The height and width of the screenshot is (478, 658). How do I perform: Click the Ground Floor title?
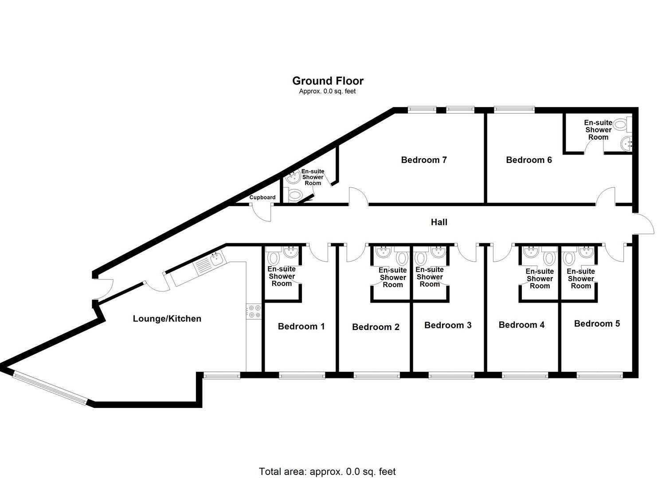coord(328,81)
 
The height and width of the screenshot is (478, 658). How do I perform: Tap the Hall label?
coord(439,222)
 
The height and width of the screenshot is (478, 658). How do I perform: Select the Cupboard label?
coord(262,198)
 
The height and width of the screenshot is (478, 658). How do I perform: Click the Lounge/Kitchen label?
coord(167,319)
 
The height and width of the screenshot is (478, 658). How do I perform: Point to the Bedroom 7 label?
coord(424,160)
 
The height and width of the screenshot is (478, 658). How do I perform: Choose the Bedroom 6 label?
coord(529,160)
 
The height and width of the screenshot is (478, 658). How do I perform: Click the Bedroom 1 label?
coord(302,326)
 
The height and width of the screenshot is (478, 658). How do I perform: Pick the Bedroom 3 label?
coord(448,325)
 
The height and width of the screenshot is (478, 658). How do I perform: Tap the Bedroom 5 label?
coord(597,324)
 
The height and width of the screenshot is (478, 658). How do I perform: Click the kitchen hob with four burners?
coord(254,311)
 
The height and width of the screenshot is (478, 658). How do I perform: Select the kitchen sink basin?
coord(217,259)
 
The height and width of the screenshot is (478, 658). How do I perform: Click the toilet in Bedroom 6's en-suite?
coord(622,124)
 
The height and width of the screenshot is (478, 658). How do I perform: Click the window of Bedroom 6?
coord(514,110)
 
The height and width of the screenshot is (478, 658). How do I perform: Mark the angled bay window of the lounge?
coord(50,389)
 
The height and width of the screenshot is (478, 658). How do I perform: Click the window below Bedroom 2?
coord(376,375)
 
